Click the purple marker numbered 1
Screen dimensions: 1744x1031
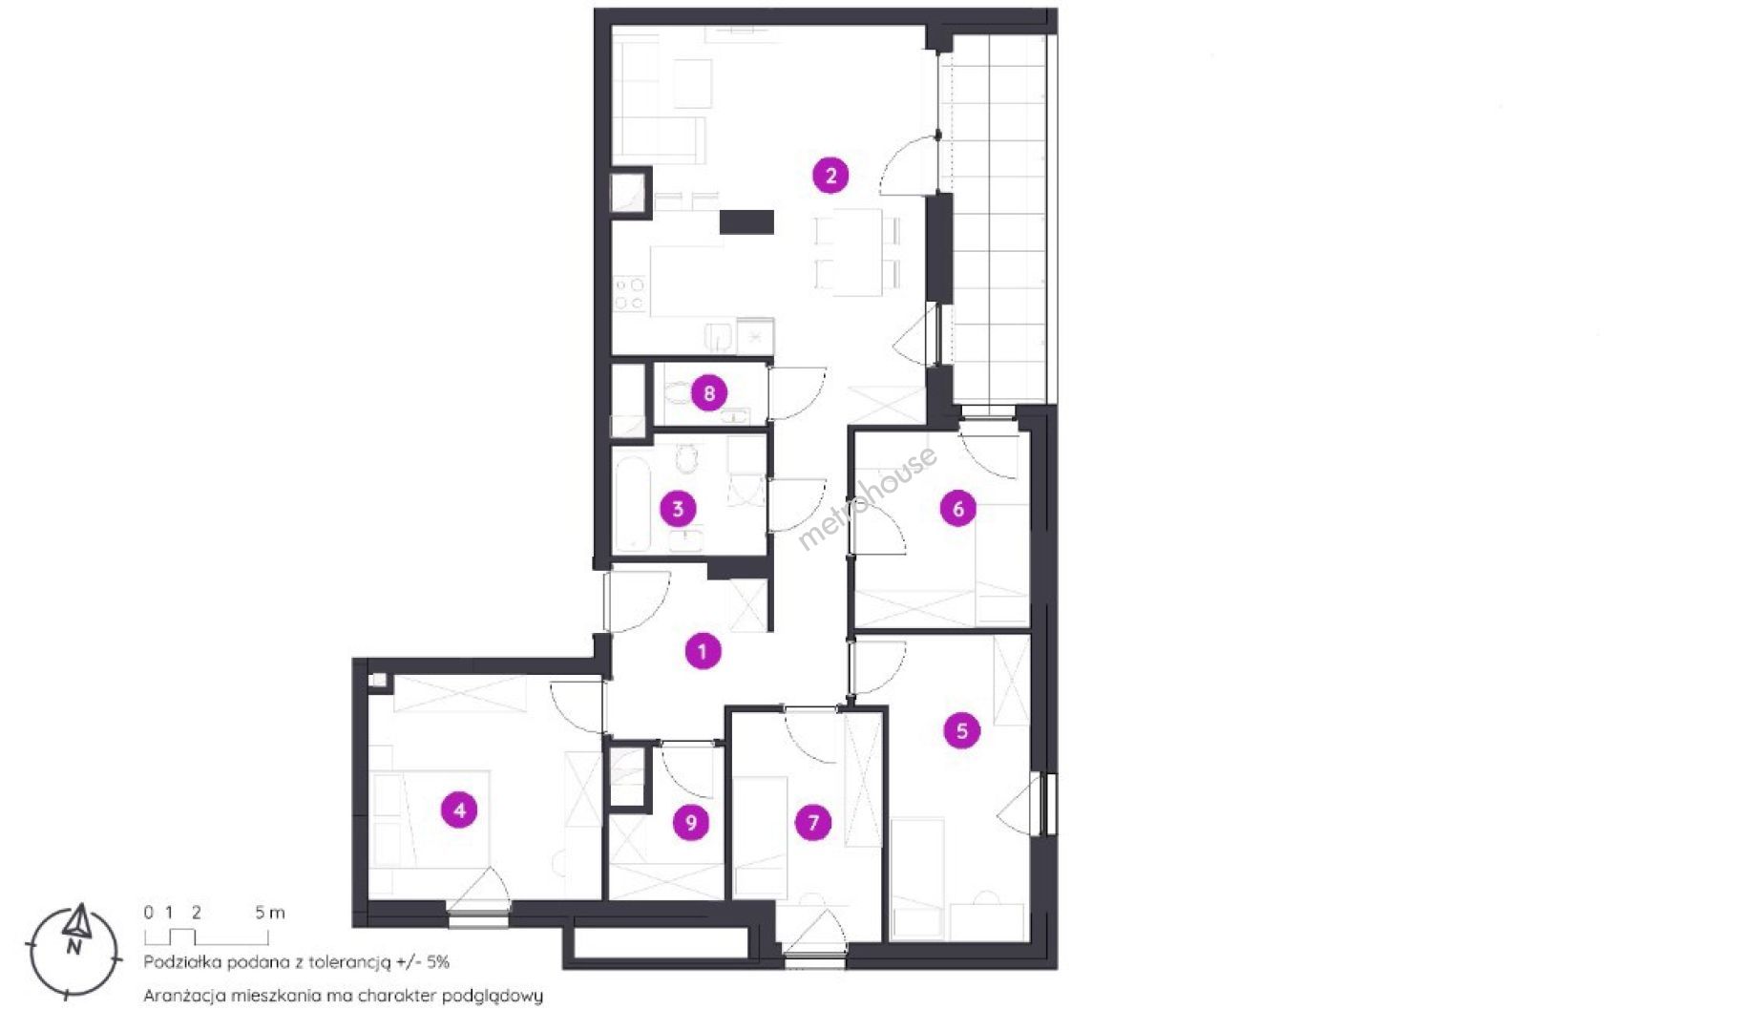click(x=703, y=651)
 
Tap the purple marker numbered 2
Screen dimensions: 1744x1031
click(x=830, y=175)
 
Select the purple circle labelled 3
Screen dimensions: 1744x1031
click(x=678, y=508)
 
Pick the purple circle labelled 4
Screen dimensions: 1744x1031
click(x=459, y=810)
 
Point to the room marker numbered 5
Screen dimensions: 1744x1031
click(x=961, y=730)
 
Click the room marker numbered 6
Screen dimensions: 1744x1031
click(x=958, y=508)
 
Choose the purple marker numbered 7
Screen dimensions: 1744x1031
click(x=813, y=822)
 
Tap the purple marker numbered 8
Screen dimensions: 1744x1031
click(x=708, y=392)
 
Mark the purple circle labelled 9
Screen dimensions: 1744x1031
click(x=690, y=822)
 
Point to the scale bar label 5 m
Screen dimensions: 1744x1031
click(x=270, y=913)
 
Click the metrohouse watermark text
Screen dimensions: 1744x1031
click(x=867, y=498)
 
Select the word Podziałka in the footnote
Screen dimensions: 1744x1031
click(x=181, y=962)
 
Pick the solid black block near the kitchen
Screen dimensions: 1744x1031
click(x=746, y=221)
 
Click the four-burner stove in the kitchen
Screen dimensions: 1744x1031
click(x=630, y=294)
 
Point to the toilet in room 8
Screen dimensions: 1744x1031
click(x=679, y=392)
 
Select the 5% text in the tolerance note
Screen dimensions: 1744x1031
click(x=437, y=962)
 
